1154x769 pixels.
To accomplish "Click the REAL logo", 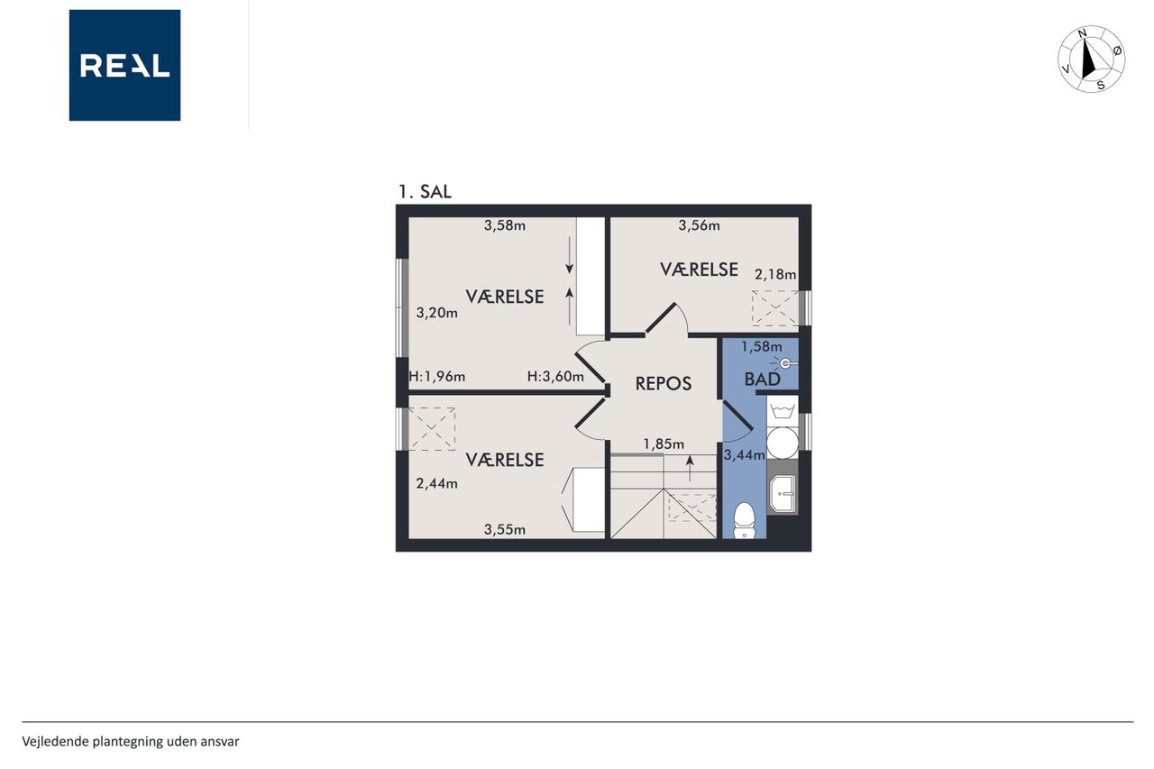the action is click(124, 66).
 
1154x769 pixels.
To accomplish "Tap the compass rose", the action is click(1091, 60).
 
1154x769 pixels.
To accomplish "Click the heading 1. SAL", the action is click(425, 192).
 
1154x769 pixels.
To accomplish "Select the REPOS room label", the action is click(663, 384).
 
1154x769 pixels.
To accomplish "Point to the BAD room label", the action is click(763, 380).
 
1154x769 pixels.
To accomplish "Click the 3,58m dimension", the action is click(504, 225).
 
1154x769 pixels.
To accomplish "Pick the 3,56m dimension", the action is click(699, 225).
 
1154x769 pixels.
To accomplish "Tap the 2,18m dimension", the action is click(775, 275).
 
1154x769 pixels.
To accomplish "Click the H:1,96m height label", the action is click(437, 377).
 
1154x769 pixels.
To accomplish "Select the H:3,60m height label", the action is click(555, 377).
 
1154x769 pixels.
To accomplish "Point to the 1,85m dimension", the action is click(664, 444).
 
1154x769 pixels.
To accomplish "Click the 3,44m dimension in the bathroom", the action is click(744, 454).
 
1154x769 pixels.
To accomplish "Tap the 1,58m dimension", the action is click(762, 347).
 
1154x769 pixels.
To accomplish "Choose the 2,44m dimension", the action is click(437, 483).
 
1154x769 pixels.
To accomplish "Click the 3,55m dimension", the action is click(504, 529).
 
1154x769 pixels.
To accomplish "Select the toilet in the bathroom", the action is click(744, 520).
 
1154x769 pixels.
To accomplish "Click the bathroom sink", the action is click(782, 493).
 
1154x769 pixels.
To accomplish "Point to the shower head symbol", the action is click(784, 363).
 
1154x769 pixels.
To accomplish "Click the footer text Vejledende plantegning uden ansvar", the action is click(131, 742).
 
